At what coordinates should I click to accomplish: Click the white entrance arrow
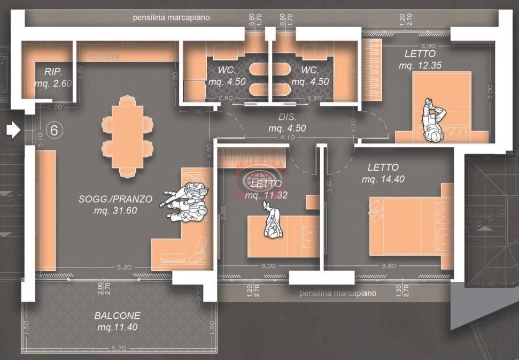click(x=13, y=129)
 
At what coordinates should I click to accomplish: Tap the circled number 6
click(x=53, y=129)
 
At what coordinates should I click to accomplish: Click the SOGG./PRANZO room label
click(x=115, y=205)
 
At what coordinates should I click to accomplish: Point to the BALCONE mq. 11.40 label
click(x=117, y=321)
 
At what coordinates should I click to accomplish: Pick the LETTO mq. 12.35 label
click(x=420, y=59)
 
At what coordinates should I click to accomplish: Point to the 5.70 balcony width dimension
click(x=119, y=349)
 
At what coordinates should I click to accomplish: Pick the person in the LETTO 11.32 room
click(x=273, y=223)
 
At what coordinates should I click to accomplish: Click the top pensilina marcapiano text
click(x=171, y=18)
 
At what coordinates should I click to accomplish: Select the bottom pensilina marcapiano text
click(x=337, y=293)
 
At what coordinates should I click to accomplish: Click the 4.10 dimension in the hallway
click(x=288, y=137)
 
